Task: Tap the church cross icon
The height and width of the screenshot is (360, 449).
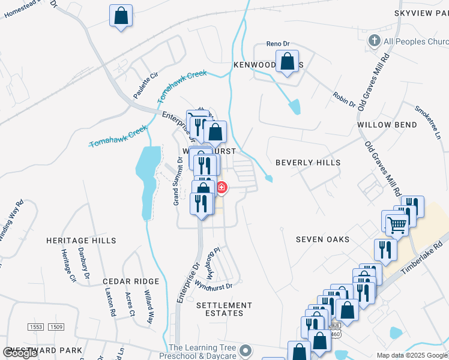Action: coord(374,41)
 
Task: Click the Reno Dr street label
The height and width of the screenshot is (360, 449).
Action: coord(278,44)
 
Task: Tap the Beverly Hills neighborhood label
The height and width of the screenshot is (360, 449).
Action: coord(308,163)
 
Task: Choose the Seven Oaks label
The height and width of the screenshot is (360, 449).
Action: coord(322,239)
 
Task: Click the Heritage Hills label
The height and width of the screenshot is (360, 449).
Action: coord(81,241)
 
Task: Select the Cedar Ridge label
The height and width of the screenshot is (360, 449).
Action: coord(131,281)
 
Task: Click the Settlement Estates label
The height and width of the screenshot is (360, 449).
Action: coord(220,309)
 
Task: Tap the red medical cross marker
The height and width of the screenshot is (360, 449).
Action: coord(221,188)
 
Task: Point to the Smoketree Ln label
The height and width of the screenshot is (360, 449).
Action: coord(428,123)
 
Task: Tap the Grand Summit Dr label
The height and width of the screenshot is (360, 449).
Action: coord(177,181)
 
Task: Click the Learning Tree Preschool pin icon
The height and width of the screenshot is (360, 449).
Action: coord(245,350)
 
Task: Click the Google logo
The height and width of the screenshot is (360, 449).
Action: coord(20,353)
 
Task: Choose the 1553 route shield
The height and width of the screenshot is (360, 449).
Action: coord(37,327)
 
